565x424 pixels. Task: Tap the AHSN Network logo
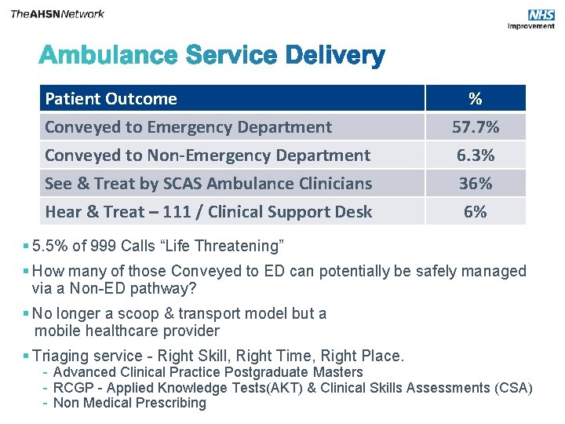click(57, 13)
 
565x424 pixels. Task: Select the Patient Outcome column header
click(111, 99)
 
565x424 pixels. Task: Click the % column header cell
click(475, 99)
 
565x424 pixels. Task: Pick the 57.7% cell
click(475, 127)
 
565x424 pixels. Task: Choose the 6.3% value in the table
click(475, 155)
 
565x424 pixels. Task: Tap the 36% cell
click(475, 184)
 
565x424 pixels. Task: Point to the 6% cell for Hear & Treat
click(475, 212)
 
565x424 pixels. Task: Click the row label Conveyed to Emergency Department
click(188, 127)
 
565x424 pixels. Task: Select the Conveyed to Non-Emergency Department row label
click(207, 155)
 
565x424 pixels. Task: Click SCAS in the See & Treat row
click(173, 184)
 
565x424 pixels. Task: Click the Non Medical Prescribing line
click(129, 403)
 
